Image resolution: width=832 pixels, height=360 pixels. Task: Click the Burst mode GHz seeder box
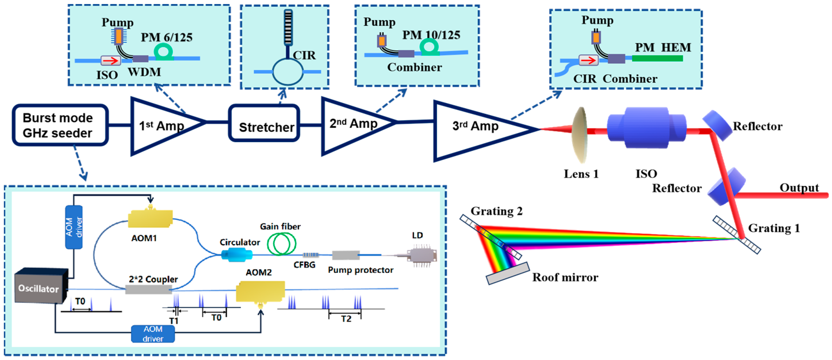pos(60,125)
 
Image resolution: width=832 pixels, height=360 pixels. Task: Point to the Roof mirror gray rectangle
pos(508,273)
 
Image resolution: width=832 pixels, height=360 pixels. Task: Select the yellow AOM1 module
pos(150,219)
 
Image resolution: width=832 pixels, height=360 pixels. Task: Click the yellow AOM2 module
pos(260,291)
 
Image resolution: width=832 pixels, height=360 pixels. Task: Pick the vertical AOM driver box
pos(74,227)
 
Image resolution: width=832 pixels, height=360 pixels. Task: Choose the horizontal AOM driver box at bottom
pos(153,334)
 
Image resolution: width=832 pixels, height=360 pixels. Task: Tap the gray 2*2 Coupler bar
pos(149,289)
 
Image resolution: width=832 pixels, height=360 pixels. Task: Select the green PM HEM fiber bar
pos(657,58)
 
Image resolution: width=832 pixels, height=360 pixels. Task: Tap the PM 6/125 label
pos(166,38)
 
